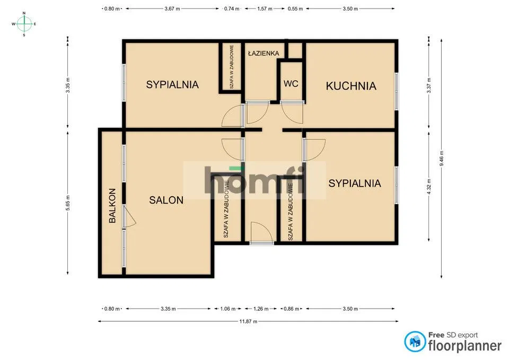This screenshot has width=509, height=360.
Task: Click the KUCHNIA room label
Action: (351, 86)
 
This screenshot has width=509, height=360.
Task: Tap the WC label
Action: (291, 84)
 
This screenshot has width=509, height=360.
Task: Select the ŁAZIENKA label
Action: (264, 53)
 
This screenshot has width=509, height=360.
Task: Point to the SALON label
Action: (166, 200)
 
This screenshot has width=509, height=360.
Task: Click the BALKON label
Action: (112, 206)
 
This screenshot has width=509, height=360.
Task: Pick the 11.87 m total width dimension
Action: (248, 321)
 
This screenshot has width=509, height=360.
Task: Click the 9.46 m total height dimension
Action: (442, 159)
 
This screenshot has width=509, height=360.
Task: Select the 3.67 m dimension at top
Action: (172, 9)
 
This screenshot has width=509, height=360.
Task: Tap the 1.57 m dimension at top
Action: (265, 9)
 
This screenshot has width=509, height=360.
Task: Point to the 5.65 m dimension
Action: (68, 203)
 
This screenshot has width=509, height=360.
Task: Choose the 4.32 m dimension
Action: (429, 187)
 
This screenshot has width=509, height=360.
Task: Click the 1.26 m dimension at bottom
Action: (261, 309)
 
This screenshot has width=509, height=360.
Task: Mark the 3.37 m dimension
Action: (429, 85)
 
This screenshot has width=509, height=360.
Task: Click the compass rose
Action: (24, 24)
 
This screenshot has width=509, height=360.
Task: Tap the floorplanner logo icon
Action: (415, 341)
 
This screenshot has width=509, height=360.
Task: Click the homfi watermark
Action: (255, 180)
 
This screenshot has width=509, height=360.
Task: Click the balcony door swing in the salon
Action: (129, 217)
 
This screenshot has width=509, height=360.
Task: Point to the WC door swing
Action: (292, 112)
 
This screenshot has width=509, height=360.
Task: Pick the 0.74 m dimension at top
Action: (232, 9)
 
